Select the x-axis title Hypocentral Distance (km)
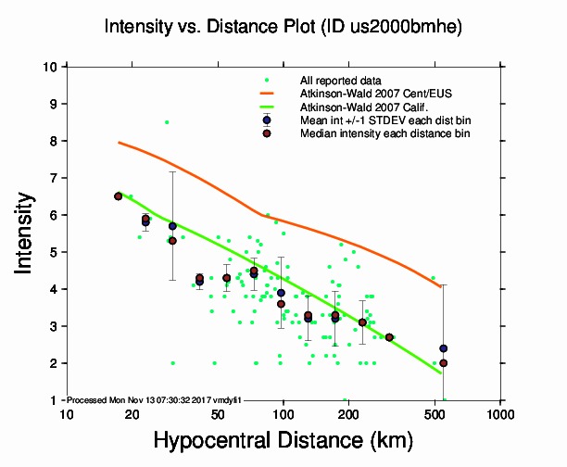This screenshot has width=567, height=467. click(282, 441)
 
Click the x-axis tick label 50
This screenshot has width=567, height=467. click(218, 414)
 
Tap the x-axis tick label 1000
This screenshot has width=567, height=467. click(500, 414)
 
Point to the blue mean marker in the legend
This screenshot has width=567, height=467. click(267, 120)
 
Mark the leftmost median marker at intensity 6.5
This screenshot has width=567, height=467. click(118, 196)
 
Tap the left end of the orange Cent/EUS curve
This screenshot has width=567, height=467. click(119, 143)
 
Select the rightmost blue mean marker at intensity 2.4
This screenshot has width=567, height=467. click(444, 348)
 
